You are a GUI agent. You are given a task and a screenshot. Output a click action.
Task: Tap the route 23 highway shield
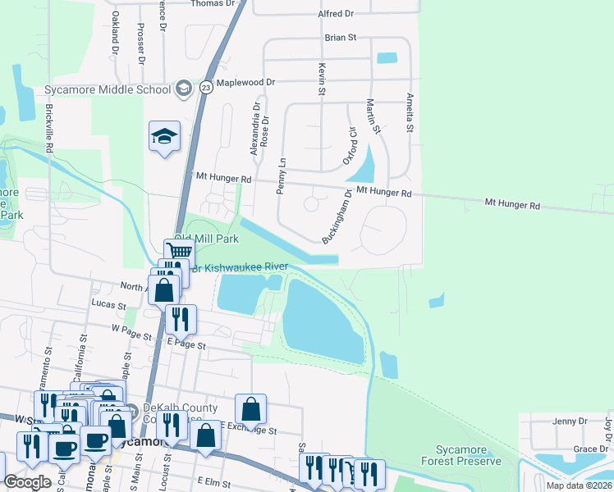click(x=205, y=85)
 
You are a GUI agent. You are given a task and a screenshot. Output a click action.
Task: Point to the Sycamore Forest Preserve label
click(x=468, y=455)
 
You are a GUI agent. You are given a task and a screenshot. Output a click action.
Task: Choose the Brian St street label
click(x=341, y=37)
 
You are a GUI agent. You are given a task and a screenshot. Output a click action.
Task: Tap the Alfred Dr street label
click(x=337, y=14)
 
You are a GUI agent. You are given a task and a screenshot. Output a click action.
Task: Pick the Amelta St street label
click(x=409, y=112)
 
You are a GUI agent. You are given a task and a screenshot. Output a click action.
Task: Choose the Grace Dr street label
click(x=590, y=449)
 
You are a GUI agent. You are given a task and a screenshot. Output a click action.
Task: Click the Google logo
click(x=27, y=482)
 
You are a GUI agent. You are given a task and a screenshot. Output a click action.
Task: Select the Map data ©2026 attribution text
click(x=579, y=485)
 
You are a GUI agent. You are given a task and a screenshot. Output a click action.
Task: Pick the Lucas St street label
click(x=108, y=303)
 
